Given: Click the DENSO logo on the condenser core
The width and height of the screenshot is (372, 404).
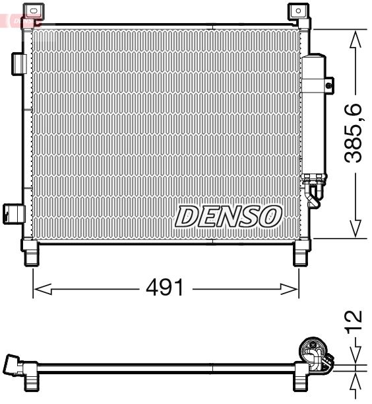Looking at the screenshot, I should [228, 216].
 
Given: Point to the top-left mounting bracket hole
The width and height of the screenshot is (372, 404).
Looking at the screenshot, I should [31, 11].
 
